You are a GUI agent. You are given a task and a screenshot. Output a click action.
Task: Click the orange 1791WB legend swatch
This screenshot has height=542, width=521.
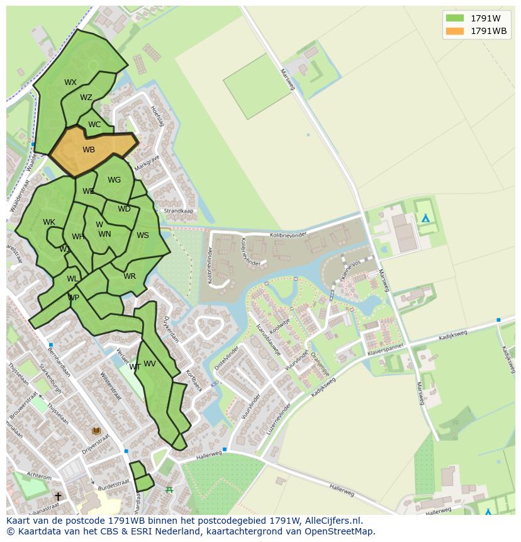pyautogui.click(x=454, y=31)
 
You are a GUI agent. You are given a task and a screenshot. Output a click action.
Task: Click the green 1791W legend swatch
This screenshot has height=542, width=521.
pyautogui.click(x=454, y=18)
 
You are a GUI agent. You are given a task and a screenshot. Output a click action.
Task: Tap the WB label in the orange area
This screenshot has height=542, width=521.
pyautogui.click(x=89, y=150)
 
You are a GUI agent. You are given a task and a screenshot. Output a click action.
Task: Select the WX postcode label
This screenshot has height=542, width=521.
pyautogui.click(x=70, y=82)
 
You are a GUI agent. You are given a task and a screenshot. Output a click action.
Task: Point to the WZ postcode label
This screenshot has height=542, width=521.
pyautogui.click(x=86, y=98)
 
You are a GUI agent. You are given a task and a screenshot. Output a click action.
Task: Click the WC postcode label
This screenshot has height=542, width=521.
pyautogui.click(x=94, y=125)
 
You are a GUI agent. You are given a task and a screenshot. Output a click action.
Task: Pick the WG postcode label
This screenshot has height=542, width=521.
pyautogui.click(x=114, y=180)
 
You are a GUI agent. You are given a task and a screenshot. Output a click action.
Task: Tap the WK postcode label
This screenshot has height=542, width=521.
pyautogui.click(x=49, y=222)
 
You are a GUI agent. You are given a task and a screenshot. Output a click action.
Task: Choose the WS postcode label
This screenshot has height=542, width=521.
pyautogui.click(x=143, y=235)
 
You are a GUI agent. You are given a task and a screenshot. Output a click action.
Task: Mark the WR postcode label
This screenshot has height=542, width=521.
pyautogui.click(x=130, y=276)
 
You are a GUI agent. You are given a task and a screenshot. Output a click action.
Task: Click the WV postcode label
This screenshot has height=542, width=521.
pyautogui.click(x=150, y=364)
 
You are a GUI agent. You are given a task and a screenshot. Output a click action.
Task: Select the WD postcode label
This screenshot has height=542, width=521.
pyautogui.click(x=124, y=209)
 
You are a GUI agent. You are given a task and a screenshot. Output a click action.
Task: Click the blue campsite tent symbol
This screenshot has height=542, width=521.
pyautogui.click(x=426, y=218)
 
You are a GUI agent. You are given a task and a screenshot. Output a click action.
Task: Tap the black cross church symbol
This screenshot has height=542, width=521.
pyautogui.click(x=58, y=497)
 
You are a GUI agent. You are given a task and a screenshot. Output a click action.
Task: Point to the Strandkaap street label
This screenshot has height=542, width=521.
pyautogui.click(x=179, y=212)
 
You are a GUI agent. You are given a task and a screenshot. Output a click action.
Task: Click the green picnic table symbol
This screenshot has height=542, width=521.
pyautogui.click(x=169, y=489)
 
